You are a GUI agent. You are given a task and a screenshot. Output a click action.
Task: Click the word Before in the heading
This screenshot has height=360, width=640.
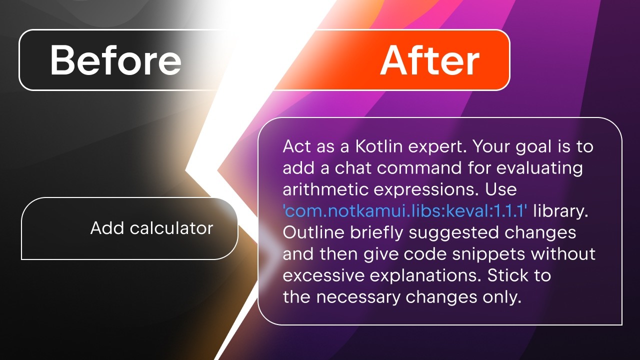click(x=115, y=60)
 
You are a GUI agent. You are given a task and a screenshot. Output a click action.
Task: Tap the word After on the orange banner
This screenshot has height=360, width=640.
click(x=429, y=60)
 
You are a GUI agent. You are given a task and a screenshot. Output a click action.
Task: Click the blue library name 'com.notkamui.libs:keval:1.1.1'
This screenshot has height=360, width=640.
click(x=405, y=211)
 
